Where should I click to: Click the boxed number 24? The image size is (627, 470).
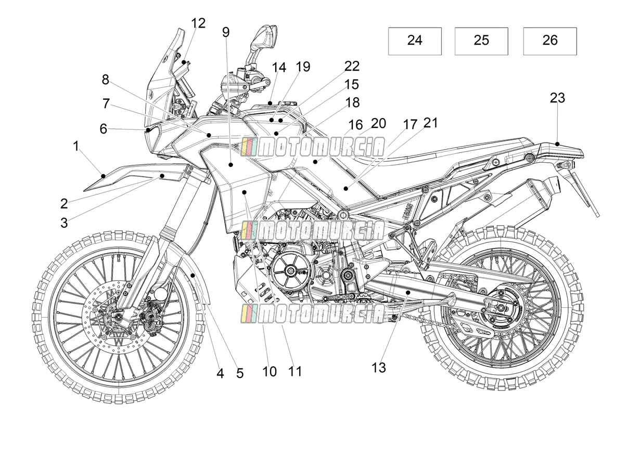point(415,40)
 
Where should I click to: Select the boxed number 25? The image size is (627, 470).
point(481,40)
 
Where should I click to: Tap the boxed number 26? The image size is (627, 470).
point(550,40)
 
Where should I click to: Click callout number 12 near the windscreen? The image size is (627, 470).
point(198,23)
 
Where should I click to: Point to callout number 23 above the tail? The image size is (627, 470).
point(557,98)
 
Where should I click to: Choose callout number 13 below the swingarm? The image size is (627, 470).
point(379,368)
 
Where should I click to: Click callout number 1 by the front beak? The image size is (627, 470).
point(75,146)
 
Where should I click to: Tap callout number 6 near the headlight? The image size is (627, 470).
point(104,129)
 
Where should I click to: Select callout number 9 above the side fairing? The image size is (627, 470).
point(226,32)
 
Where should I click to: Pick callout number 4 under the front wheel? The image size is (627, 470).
point(220,373)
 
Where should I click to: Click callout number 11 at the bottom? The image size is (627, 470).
point(295,372)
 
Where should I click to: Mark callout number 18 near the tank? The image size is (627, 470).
point(352,103)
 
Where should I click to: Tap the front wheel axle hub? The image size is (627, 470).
point(118,316)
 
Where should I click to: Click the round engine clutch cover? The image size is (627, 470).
point(291,270)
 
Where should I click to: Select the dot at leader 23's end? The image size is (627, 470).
point(557,144)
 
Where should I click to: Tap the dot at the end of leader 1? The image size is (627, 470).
point(104,176)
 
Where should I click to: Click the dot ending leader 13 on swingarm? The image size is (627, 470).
point(408,293)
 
